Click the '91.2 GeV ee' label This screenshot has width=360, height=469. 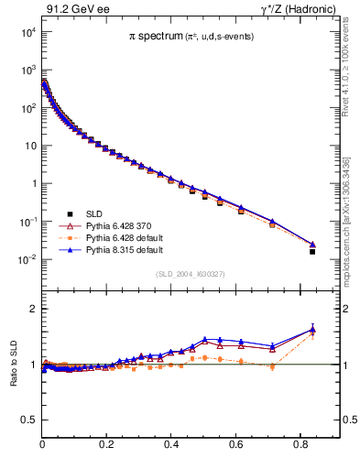71,10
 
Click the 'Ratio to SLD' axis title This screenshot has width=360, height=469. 13,365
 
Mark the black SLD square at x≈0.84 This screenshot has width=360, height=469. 312,251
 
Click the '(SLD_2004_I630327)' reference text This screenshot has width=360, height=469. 190,274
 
